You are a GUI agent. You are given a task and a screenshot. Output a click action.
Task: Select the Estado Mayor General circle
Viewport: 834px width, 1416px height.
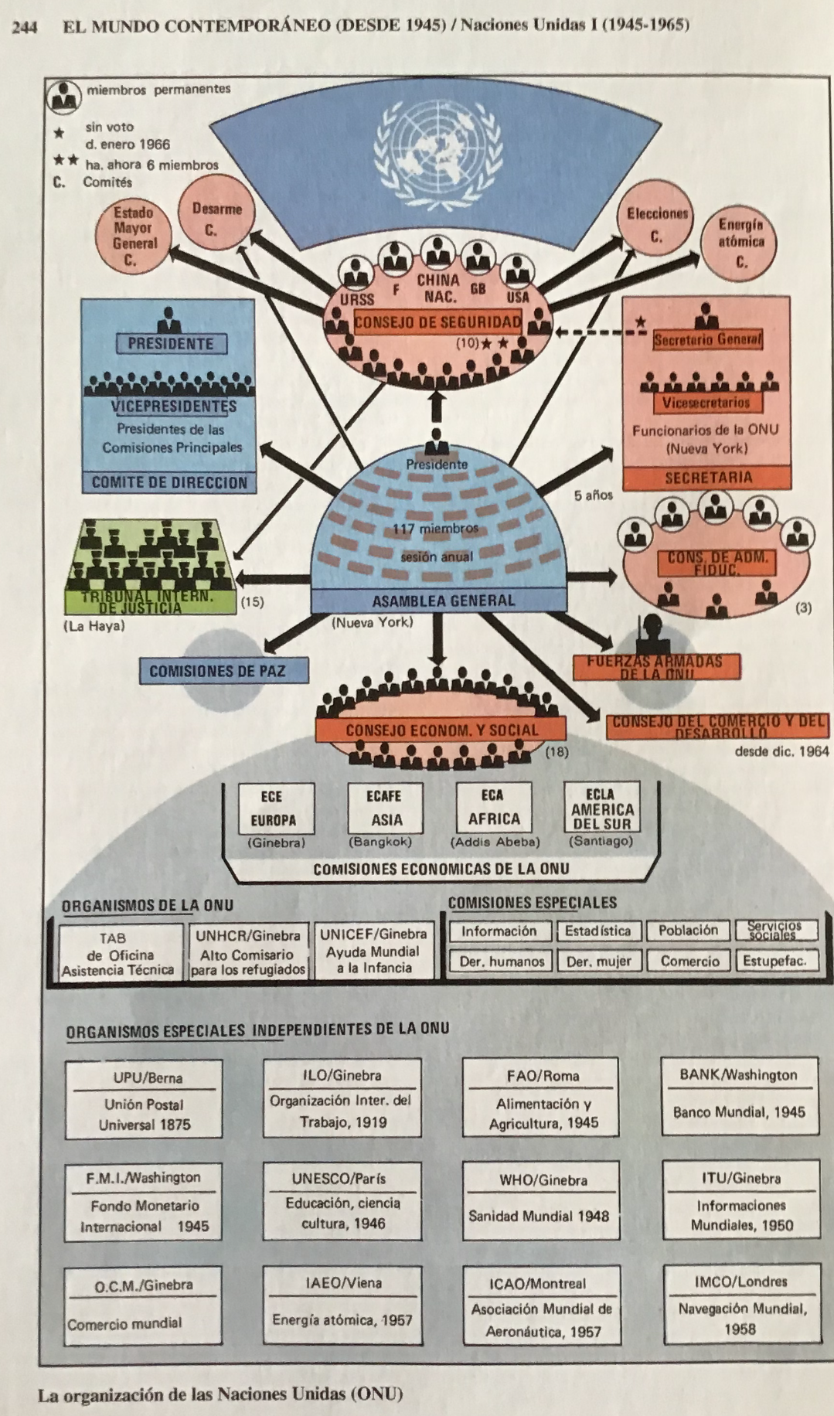click(x=133, y=236)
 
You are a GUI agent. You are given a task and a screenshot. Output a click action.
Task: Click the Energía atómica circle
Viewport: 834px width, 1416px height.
click(x=740, y=242)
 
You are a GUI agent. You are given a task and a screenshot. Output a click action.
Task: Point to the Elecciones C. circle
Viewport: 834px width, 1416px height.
click(x=657, y=224)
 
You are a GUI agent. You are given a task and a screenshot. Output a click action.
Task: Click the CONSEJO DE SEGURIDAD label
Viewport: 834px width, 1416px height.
click(x=437, y=322)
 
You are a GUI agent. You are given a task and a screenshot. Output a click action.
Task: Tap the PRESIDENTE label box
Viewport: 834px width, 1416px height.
click(x=170, y=343)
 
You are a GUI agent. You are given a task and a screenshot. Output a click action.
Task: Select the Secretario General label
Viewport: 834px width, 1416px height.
click(x=707, y=339)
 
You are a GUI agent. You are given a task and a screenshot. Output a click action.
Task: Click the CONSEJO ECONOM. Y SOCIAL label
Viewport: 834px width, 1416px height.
click(x=441, y=730)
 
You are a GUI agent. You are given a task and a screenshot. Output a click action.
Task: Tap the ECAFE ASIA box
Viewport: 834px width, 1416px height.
click(x=384, y=808)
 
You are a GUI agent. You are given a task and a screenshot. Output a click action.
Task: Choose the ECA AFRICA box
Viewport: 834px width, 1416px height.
click(x=494, y=808)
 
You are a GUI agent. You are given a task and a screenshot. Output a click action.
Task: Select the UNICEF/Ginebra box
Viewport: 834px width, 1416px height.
click(x=373, y=951)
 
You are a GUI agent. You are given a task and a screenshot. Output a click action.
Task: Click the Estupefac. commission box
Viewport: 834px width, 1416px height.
click(x=774, y=962)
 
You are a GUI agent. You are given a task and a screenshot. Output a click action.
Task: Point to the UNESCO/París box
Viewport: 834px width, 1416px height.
click(x=342, y=1201)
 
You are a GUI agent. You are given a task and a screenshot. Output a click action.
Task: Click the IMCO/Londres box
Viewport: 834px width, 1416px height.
click(x=740, y=1305)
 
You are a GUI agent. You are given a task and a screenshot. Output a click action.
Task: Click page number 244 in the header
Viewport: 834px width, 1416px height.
click(x=25, y=26)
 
